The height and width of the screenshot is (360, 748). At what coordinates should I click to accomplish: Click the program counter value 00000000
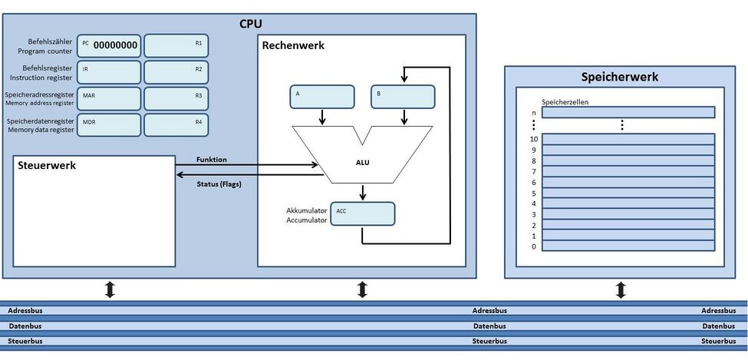click(115, 45)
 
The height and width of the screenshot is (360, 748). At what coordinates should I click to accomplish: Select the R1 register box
click(176, 45)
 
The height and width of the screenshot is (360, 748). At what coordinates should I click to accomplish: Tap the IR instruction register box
click(110, 72)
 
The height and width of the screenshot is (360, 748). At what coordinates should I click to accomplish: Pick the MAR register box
click(110, 98)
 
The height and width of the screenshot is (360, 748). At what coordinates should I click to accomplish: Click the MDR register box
click(110, 124)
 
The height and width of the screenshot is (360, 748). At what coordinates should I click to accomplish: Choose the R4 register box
click(176, 124)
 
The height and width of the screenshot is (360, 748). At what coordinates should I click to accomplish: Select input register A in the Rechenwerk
click(321, 97)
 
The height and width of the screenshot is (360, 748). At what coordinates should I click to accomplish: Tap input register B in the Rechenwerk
click(403, 97)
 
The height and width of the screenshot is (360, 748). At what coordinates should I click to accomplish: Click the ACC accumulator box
click(362, 213)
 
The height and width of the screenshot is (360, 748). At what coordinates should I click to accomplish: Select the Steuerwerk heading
click(48, 165)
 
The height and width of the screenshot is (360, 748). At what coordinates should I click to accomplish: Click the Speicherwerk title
click(620, 77)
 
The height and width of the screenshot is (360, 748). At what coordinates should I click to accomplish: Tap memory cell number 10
click(628, 139)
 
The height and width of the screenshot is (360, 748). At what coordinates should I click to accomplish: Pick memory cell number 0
click(628, 246)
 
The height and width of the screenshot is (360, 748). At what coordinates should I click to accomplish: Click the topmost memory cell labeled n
click(628, 112)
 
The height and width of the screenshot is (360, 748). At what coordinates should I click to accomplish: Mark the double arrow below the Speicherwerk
click(621, 290)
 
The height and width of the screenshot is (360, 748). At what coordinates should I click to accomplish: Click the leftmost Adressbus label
click(25, 311)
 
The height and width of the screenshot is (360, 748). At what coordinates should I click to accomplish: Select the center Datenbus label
click(489, 326)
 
